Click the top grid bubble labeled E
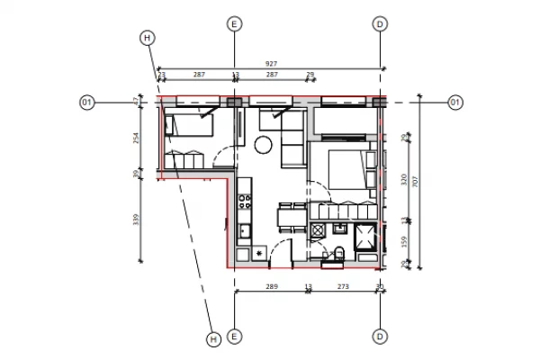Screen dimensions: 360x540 point(234,24)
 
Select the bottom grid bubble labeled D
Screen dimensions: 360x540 point(380,337)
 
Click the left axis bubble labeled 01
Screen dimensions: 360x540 point(87,103)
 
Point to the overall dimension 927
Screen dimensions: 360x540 point(271,64)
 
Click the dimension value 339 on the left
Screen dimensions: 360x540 point(137,220)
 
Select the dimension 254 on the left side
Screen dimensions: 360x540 point(137,139)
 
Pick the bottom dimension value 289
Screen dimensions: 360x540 point(272,287)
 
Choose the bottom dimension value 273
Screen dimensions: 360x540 point(343,287)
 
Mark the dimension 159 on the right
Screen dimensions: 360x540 point(403,241)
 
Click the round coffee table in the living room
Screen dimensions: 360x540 point(264,144)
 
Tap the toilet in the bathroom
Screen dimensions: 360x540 point(338,253)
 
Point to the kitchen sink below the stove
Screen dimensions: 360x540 point(244,230)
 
